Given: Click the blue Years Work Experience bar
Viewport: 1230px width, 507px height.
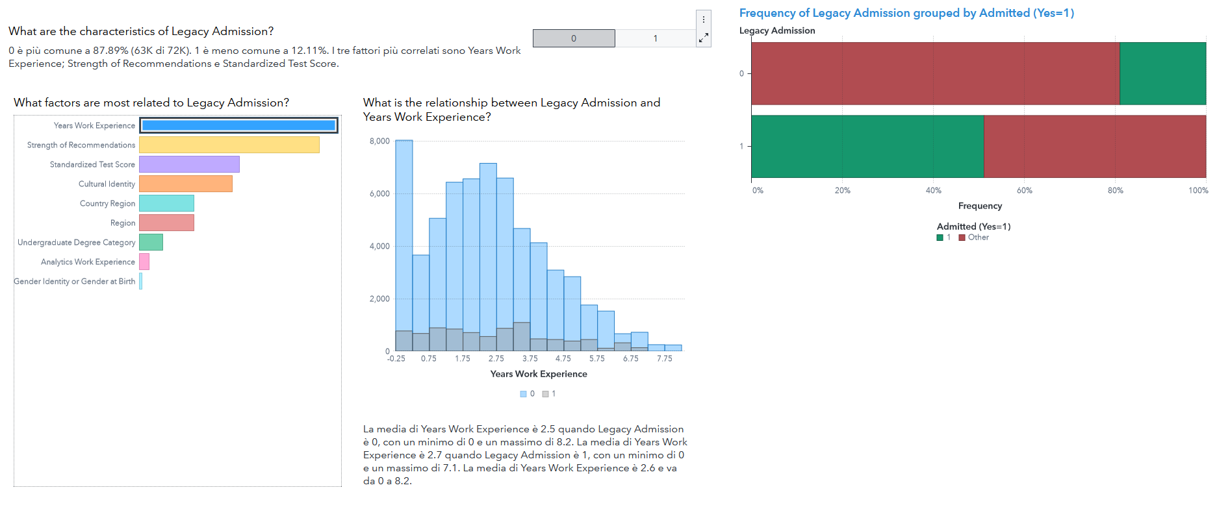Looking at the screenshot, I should tap(238, 125).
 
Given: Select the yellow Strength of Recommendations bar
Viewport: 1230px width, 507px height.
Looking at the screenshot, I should tap(229, 145).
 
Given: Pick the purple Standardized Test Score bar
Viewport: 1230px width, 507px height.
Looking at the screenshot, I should tap(189, 164).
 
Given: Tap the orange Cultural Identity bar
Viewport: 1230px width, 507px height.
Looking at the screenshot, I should tap(185, 184).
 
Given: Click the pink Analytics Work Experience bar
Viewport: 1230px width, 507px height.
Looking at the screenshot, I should tap(144, 262).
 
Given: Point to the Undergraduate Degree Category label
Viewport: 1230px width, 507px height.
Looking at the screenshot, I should tap(77, 242).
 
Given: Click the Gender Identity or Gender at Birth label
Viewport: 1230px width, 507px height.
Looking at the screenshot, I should tap(75, 281).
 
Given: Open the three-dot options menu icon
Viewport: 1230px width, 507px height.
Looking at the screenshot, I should tap(704, 19).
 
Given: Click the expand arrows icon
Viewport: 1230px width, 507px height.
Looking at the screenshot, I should tap(704, 38).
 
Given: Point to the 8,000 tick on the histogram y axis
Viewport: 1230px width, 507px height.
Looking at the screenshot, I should tap(379, 141).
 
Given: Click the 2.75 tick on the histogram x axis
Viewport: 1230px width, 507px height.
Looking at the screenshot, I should tap(496, 358).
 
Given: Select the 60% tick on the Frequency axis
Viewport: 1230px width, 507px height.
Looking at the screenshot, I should tap(1025, 190).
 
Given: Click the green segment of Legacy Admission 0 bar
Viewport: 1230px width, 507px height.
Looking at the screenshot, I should tap(1162, 73).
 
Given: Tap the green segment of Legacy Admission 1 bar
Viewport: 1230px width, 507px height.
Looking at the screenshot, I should tap(867, 146).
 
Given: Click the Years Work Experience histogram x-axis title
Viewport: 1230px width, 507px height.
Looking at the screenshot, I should tap(539, 374).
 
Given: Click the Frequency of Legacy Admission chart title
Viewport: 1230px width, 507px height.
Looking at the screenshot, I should tap(906, 13).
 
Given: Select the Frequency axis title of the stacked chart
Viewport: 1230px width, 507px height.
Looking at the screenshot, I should tap(980, 206).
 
